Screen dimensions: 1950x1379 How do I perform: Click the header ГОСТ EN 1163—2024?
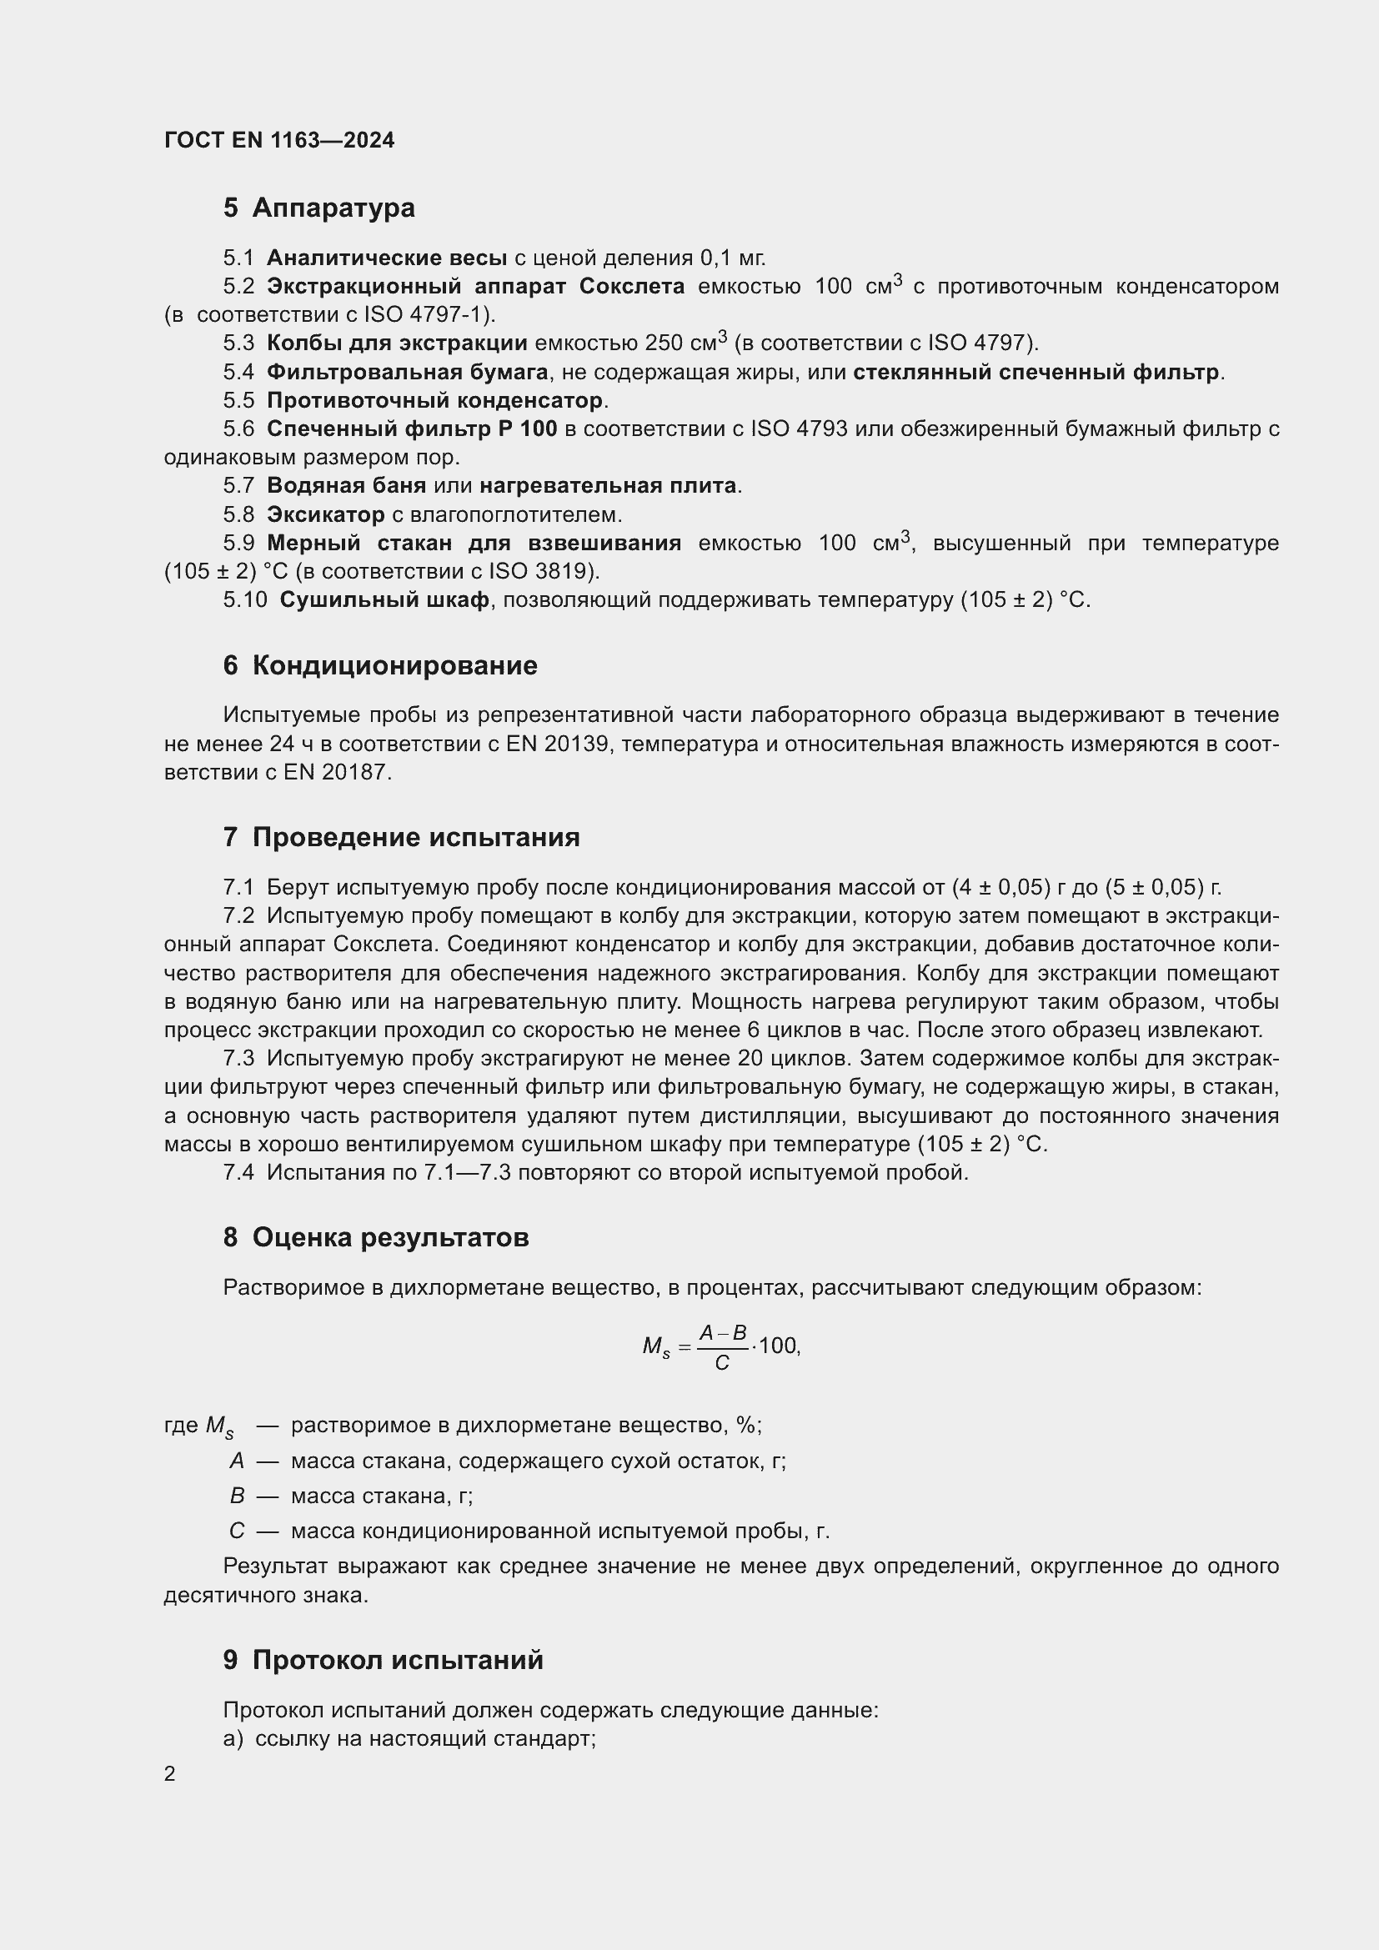pos(279,140)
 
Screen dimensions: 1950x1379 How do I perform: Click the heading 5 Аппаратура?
pos(319,208)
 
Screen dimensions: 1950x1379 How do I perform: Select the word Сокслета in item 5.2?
pos(632,286)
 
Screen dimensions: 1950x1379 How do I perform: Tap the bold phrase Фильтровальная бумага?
pos(408,372)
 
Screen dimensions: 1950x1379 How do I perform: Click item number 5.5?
pos(238,400)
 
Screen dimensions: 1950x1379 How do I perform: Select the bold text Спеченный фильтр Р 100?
pos(412,429)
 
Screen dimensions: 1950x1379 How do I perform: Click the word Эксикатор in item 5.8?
pos(325,514)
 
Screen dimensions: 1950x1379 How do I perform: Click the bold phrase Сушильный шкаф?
pos(384,600)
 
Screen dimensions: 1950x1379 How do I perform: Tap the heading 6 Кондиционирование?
pos(380,666)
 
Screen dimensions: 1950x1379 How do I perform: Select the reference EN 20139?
pos(557,744)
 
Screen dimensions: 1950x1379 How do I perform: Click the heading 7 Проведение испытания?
pos(402,837)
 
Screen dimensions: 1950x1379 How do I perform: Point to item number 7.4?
pos(238,1173)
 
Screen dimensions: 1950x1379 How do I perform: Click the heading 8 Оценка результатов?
pos(376,1237)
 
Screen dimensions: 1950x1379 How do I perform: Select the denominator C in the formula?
pos(722,1363)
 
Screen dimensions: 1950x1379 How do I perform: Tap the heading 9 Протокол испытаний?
pos(383,1660)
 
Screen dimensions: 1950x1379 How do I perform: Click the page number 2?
pos(170,1774)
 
